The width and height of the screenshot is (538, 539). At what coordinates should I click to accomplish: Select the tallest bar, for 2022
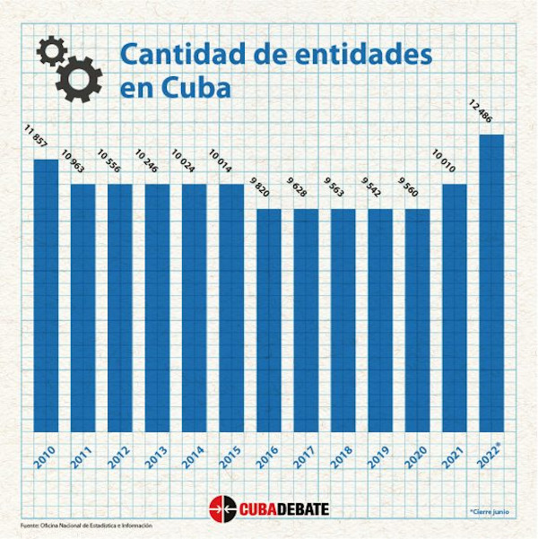(492, 283)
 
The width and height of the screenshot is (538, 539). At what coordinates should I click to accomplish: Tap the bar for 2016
(269, 319)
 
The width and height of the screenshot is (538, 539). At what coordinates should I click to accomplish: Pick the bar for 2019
(380, 319)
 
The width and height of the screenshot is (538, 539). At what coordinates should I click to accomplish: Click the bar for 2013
(157, 307)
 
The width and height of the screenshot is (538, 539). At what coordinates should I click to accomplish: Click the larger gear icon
(79, 78)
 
